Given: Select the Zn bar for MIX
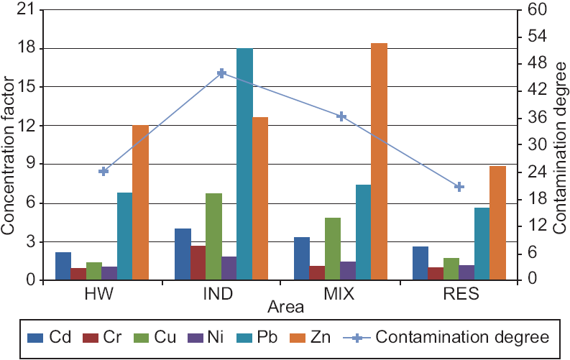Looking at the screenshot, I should (379, 162).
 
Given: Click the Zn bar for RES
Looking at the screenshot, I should (497, 223).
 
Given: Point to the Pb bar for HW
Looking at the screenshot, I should (125, 236).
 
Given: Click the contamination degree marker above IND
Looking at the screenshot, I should (222, 73).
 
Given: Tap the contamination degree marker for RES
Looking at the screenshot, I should (459, 187).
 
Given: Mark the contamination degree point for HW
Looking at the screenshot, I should (104, 172).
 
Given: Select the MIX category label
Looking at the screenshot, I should (341, 295).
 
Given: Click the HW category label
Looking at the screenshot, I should (104, 295).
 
